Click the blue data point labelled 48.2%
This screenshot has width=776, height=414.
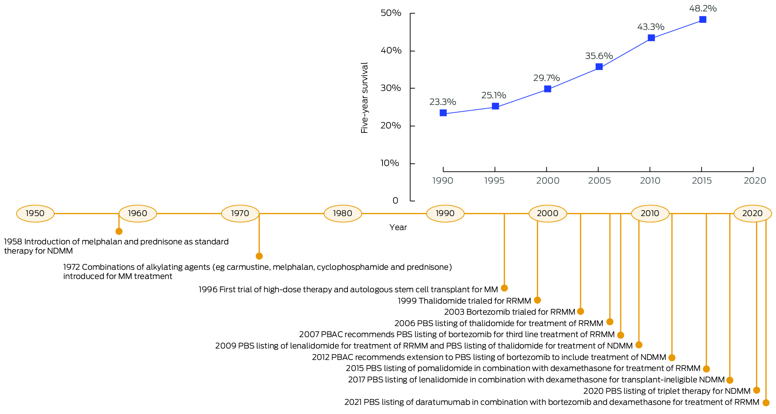(x=702, y=20)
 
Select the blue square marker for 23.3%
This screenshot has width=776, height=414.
(x=443, y=113)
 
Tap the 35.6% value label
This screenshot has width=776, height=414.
(x=599, y=56)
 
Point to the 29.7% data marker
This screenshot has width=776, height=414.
(x=547, y=89)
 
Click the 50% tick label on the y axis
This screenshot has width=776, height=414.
(x=391, y=13)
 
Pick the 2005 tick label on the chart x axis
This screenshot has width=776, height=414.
(x=599, y=181)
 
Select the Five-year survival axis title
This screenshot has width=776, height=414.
(x=364, y=98)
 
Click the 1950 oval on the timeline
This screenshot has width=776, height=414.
(x=35, y=213)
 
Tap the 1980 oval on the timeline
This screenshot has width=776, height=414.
(x=343, y=213)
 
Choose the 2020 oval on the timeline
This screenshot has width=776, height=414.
(x=752, y=213)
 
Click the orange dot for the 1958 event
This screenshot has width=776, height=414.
(x=119, y=231)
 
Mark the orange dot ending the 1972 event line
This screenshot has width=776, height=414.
(x=259, y=256)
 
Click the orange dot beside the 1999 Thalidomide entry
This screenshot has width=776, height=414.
(x=537, y=300)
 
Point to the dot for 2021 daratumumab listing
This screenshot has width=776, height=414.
(x=766, y=403)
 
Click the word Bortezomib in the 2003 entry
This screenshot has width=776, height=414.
(x=484, y=312)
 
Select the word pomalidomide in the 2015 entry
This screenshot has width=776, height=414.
(x=409, y=368)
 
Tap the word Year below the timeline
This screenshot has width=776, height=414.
(x=398, y=227)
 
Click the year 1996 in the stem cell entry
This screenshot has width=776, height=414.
(x=208, y=290)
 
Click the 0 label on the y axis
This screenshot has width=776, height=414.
(x=395, y=201)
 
